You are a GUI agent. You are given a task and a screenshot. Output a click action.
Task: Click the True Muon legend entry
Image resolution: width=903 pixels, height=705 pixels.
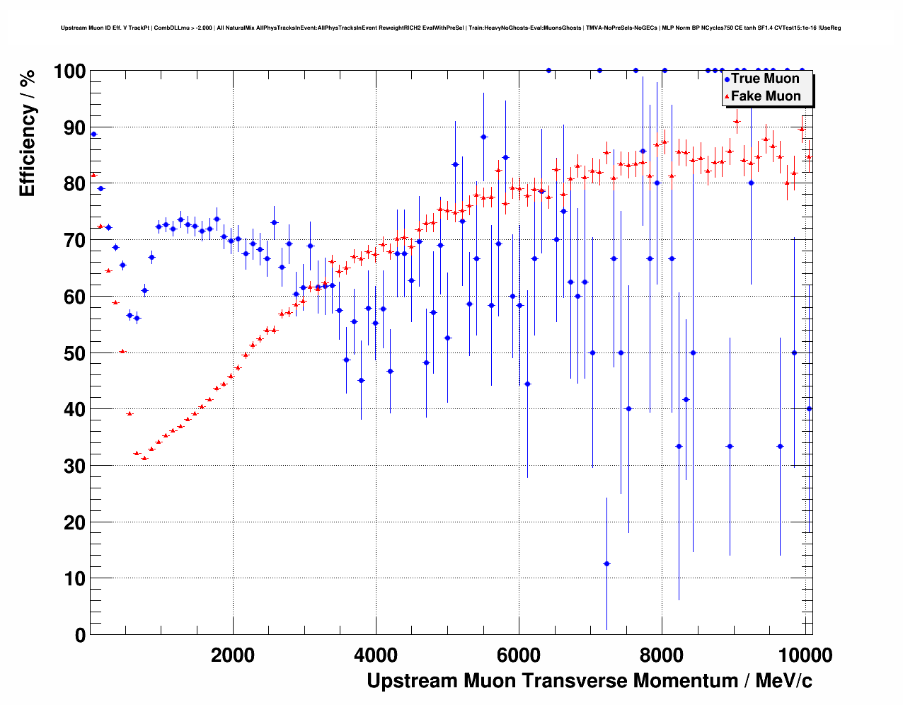pos(765,79)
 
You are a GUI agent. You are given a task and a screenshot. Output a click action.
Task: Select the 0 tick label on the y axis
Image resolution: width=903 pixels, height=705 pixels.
pos(80,635)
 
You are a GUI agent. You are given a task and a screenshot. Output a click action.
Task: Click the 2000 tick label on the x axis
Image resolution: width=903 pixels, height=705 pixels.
pos(233,655)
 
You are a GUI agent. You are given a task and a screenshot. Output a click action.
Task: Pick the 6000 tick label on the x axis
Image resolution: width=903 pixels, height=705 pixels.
pos(519,655)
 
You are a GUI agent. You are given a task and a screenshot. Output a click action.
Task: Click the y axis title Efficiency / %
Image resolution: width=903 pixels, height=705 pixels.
pos(27,132)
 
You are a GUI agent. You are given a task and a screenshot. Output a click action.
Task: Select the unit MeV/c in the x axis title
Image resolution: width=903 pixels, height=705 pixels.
pos(783,681)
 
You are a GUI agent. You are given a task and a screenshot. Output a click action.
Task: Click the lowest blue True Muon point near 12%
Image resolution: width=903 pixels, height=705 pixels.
pos(606,563)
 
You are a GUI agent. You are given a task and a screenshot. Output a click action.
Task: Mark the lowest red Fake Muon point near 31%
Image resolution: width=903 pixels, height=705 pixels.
pos(144,458)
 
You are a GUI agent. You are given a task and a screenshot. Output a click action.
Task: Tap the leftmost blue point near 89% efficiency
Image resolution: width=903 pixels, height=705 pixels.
pos(93,134)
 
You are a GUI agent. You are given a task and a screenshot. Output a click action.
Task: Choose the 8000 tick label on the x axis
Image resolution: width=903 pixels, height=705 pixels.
pos(662,655)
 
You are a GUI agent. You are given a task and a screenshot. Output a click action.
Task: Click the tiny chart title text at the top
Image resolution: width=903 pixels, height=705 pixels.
pos(451,28)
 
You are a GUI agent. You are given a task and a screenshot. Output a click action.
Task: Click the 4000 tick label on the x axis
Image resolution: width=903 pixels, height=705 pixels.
pos(376,655)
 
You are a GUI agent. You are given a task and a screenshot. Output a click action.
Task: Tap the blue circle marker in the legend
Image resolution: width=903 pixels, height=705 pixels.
pos(727,79)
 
